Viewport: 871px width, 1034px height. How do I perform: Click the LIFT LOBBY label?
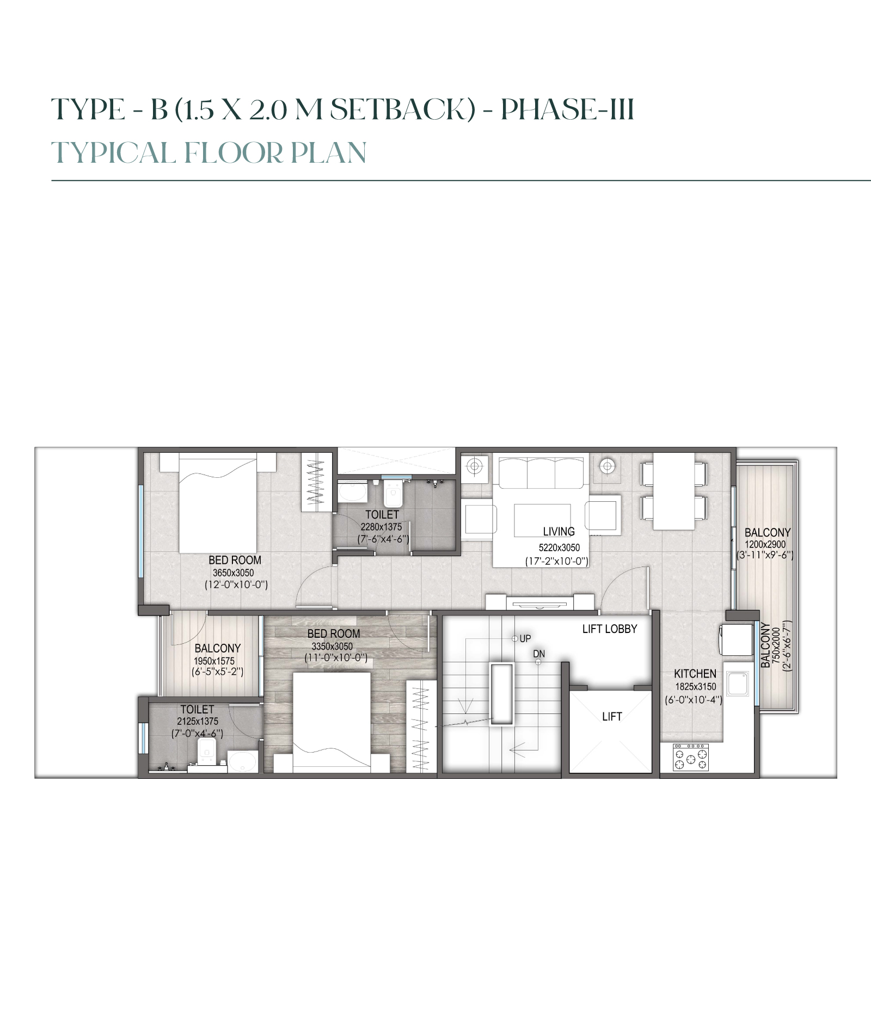point(609,629)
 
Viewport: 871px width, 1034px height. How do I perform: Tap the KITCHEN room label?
point(695,674)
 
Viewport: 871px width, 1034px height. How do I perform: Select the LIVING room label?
point(559,532)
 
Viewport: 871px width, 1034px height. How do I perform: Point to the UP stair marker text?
point(525,638)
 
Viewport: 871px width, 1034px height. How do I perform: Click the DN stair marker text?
point(539,654)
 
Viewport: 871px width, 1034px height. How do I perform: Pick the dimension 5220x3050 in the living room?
point(559,548)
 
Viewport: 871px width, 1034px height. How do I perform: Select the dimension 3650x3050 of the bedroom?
point(233,573)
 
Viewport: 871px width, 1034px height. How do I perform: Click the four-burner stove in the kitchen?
point(691,758)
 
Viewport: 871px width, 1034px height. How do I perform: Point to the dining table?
point(674,491)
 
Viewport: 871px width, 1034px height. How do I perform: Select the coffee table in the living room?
point(542,520)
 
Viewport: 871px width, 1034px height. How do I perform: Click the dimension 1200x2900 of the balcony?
point(765,544)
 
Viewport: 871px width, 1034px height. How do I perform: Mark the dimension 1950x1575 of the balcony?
point(214,661)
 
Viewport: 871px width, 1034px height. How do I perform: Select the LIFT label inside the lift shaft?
point(612,717)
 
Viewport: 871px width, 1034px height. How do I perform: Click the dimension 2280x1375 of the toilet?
point(381,527)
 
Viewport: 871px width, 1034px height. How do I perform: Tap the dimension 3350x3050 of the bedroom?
point(332,647)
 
